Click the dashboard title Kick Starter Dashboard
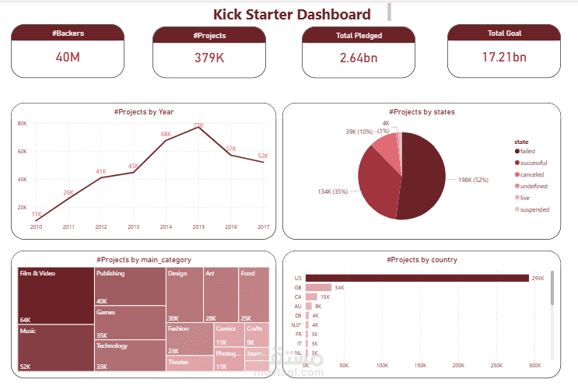pos(292,14)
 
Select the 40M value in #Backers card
pos(68,57)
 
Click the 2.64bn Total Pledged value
pos(358,57)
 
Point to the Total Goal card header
pos(503,33)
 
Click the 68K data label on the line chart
pos(166,134)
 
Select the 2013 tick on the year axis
pos(133,227)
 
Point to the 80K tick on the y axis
pos(23,124)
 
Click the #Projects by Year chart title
pos(143,112)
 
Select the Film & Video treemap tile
pos(55,296)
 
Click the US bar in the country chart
pos(416,277)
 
